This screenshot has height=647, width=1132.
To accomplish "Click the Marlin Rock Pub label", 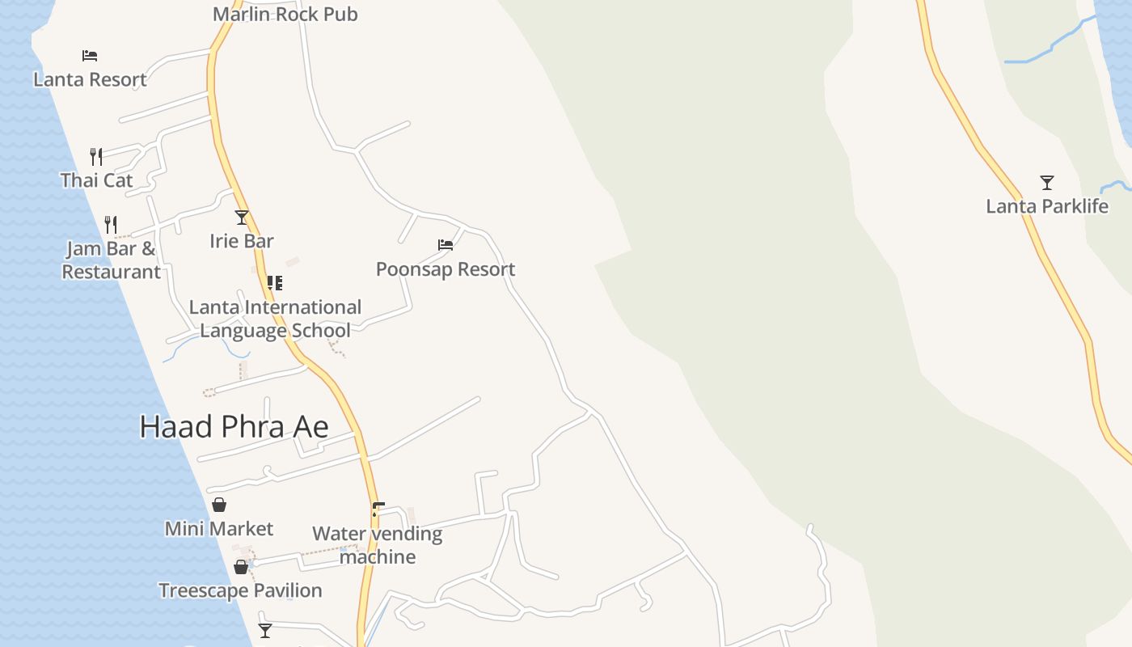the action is [285, 14].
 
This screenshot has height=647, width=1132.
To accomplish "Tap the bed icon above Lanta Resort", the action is [90, 56].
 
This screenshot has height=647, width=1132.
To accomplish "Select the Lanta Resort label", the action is [90, 79].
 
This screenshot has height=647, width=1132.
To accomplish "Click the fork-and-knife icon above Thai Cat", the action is [96, 156].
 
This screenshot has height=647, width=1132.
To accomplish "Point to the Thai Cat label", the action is [96, 180].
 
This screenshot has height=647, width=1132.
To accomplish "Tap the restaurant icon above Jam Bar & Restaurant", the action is [111, 224].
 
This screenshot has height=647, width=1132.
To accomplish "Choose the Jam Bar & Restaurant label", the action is [111, 260].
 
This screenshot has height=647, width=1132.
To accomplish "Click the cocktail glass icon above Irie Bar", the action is [241, 218].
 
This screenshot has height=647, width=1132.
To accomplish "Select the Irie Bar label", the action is [241, 241].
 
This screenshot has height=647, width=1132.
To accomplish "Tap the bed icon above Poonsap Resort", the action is [446, 245].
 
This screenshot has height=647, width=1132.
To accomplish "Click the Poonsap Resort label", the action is [446, 269].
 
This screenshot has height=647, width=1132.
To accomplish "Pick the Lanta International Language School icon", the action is [275, 283].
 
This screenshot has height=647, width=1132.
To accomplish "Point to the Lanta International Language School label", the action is [275, 319].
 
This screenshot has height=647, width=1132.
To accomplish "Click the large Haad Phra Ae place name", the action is [234, 427].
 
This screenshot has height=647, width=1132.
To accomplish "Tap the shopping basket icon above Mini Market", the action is [219, 505].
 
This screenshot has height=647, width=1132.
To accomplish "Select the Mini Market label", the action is [219, 529].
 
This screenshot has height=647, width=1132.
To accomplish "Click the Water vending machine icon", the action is [377, 510].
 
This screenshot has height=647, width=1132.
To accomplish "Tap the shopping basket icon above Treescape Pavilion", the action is [241, 567].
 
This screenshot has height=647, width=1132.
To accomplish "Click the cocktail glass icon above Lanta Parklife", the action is [1047, 183].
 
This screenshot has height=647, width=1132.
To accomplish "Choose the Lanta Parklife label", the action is [1047, 206].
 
